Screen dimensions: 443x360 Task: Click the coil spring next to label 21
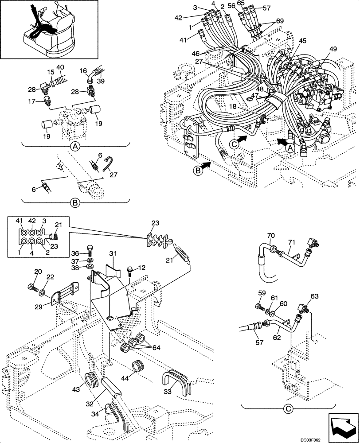(184, 255)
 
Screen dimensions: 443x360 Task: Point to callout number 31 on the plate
(113, 253)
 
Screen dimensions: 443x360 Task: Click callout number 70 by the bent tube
(271, 235)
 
